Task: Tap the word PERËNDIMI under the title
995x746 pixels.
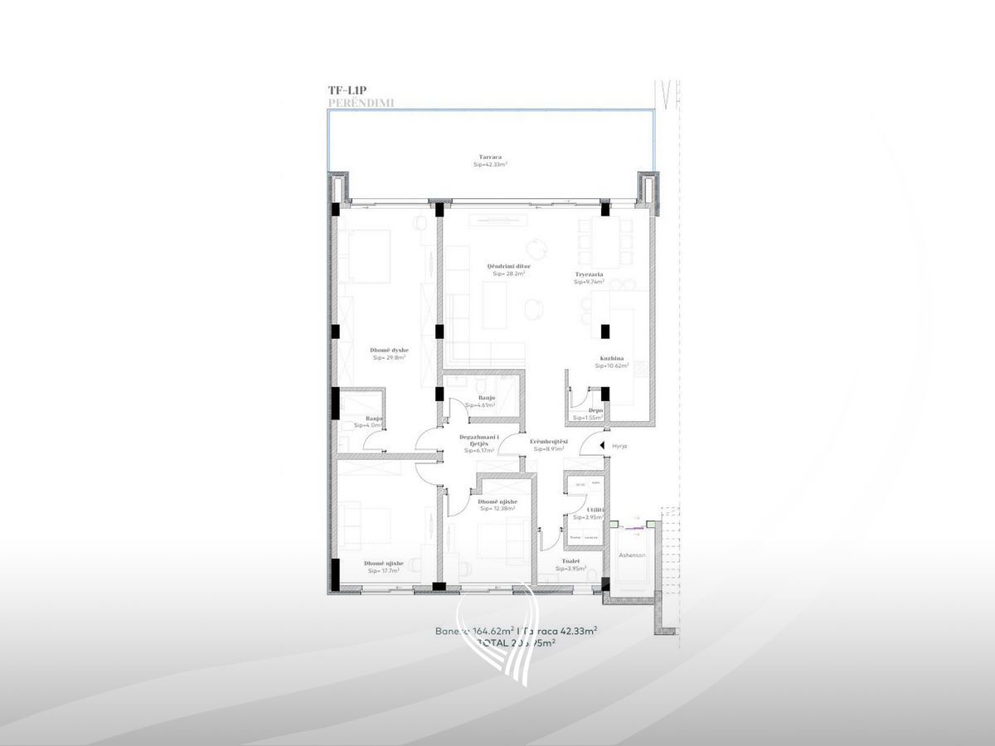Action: (361, 103)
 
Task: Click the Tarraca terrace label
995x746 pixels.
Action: (490, 157)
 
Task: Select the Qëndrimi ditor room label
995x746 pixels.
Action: (508, 266)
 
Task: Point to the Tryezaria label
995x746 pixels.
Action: (589, 274)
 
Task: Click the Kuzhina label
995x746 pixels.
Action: (612, 358)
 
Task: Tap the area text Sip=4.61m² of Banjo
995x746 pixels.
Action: (481, 406)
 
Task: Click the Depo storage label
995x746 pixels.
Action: (595, 410)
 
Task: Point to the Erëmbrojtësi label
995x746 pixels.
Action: (549, 442)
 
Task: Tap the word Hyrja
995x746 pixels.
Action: (621, 446)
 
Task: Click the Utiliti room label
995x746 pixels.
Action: (595, 510)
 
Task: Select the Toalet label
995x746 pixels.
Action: (571, 561)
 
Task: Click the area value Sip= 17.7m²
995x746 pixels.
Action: (384, 571)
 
